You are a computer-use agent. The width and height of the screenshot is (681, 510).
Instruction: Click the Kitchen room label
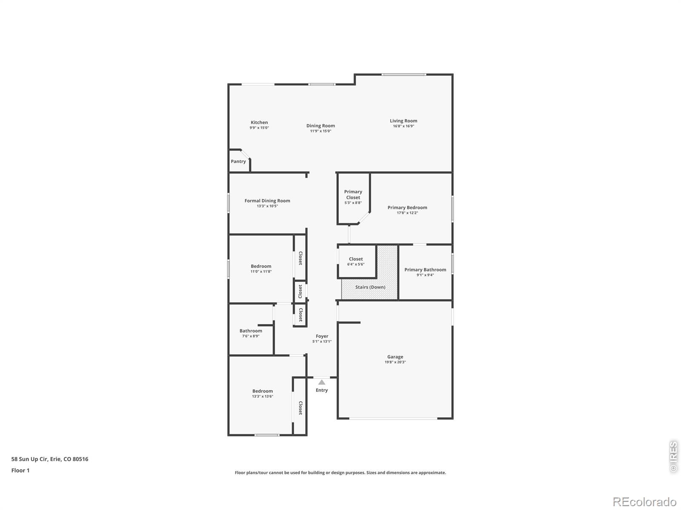[259, 122]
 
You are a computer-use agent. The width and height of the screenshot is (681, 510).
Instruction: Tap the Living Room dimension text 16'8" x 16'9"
[403, 126]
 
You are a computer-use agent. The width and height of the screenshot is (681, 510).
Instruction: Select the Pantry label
[238, 161]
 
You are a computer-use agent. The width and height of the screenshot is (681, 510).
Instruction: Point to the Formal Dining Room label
[267, 201]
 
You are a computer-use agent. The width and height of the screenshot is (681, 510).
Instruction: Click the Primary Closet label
[353, 195]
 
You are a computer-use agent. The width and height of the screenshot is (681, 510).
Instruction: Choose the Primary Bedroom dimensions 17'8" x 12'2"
[407, 213]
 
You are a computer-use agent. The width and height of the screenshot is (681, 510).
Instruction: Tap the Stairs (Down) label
[370, 287]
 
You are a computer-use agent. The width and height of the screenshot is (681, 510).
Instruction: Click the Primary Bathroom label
[425, 270]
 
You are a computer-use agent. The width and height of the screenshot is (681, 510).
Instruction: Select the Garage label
[395, 357]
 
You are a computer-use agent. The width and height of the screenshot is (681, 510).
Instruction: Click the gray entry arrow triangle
[322, 382]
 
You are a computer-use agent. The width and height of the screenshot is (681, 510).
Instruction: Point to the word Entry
[322, 390]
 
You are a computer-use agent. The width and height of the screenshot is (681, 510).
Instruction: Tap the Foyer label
[322, 336]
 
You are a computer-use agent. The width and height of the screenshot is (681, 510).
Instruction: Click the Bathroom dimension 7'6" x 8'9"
[251, 336]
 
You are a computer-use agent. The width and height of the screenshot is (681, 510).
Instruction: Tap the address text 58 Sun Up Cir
[30, 459]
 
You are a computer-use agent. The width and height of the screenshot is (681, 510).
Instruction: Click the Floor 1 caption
[20, 470]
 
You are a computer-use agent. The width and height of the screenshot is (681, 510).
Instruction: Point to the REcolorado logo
[644, 501]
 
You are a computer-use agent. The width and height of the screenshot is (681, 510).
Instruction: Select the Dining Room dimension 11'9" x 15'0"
[320, 131]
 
